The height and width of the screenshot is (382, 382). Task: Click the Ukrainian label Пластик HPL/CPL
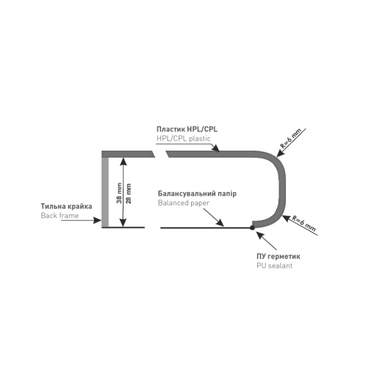click(x=187, y=129)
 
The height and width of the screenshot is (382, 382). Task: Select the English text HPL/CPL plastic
click(x=184, y=139)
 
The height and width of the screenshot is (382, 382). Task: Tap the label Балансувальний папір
click(x=197, y=194)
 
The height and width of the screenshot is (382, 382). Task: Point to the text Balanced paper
click(x=184, y=203)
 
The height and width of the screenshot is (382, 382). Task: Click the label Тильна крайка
click(x=67, y=206)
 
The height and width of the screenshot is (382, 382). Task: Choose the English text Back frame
click(x=60, y=215)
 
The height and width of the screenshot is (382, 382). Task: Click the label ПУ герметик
click(x=278, y=256)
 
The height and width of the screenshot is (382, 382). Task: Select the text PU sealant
click(x=275, y=265)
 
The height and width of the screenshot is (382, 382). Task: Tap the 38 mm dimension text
click(x=119, y=193)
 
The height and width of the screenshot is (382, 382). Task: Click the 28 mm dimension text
click(x=128, y=193)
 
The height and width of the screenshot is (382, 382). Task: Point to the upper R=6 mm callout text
click(x=290, y=138)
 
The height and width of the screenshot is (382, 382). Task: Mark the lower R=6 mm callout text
click(x=304, y=223)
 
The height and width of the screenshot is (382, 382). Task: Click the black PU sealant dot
click(x=252, y=227)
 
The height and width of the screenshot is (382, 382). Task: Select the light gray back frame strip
click(x=105, y=192)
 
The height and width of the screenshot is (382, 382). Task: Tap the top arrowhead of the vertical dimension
click(x=123, y=161)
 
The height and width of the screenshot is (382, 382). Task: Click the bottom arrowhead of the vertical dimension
click(x=123, y=223)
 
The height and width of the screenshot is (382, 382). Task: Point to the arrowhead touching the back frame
click(x=98, y=221)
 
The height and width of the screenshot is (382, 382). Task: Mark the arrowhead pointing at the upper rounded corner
click(x=280, y=153)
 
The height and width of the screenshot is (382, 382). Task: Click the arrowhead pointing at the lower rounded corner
click(x=286, y=218)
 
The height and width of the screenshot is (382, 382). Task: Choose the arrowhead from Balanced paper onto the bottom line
click(x=221, y=223)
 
